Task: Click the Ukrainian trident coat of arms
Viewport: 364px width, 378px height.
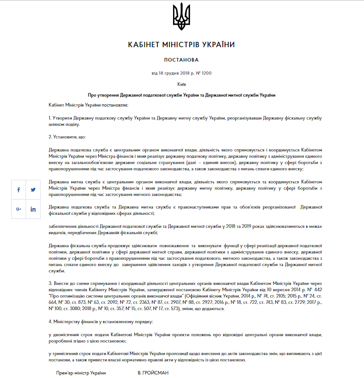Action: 182,16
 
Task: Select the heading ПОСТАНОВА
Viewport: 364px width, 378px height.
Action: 181,60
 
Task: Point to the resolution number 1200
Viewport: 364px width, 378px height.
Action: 206,73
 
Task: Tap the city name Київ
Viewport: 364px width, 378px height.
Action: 181,84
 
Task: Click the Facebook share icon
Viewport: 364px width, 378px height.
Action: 18,190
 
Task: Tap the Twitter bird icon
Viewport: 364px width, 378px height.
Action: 33,190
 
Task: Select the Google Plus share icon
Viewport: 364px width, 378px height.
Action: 18,209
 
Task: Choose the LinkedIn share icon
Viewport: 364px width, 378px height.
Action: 33,209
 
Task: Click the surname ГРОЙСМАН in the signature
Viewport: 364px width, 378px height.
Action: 153,373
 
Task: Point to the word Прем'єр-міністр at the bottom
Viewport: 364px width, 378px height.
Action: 72,373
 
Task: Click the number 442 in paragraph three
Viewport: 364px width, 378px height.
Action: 316,290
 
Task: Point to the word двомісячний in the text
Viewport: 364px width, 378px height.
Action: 66,335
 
